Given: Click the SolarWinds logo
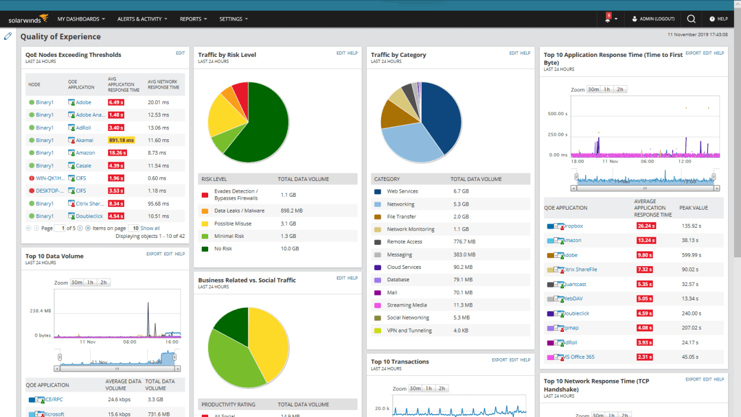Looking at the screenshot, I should point(28,19).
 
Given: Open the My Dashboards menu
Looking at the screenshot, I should point(81,19).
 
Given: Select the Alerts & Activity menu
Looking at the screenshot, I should point(142,19).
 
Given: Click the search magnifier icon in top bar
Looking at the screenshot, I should point(691,19).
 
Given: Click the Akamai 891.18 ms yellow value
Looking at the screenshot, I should point(121,140).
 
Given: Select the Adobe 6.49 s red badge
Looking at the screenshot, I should point(116,102).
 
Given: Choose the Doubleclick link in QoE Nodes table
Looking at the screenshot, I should point(89,216).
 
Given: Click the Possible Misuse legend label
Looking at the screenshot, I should point(232,223).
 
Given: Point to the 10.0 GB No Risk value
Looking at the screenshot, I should point(289,248).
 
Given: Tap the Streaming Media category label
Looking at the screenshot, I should point(407,305).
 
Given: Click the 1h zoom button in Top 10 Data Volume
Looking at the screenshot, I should point(90,283).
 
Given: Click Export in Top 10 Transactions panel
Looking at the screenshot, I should point(499,360).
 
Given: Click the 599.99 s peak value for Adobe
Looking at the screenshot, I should point(692,255).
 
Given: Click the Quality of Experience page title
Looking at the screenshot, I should point(61,36).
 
